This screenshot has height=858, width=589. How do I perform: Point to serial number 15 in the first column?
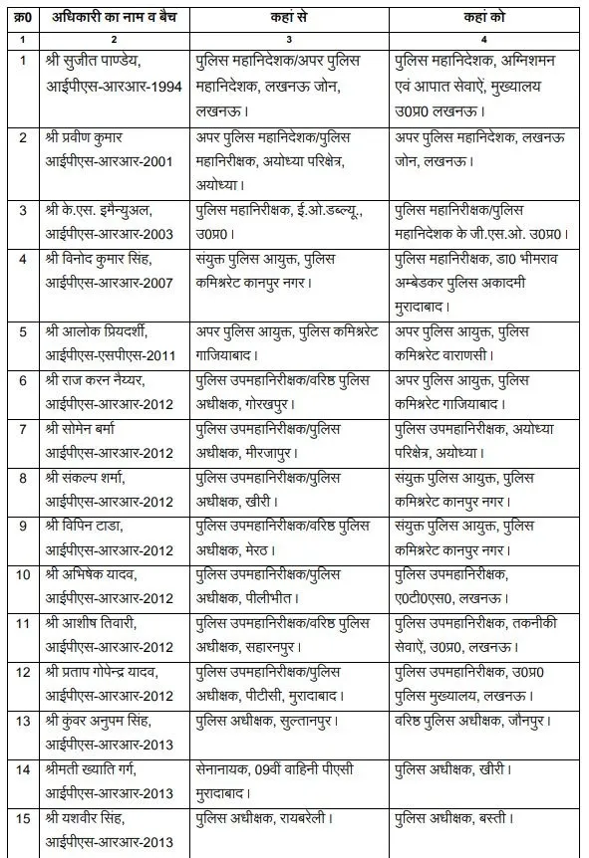(x=21, y=817)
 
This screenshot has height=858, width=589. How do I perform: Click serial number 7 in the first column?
(x=21, y=428)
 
